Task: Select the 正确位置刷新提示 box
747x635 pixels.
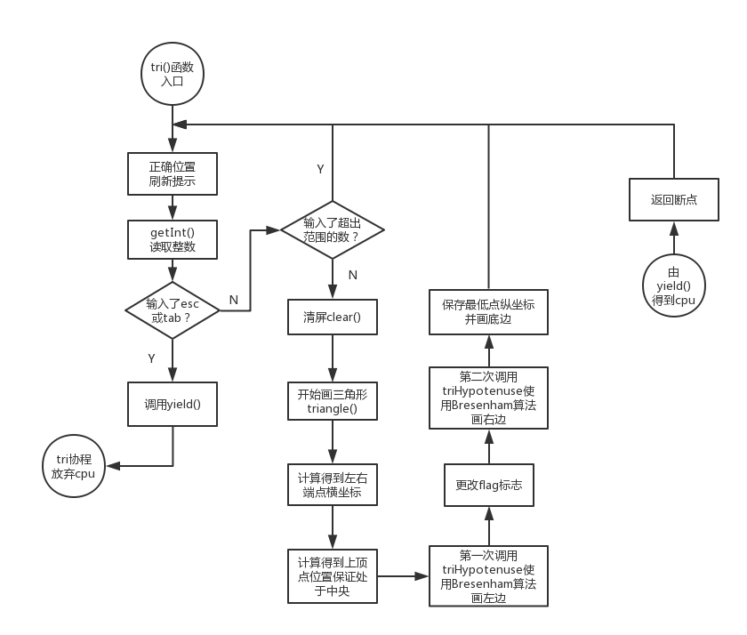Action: click(x=173, y=174)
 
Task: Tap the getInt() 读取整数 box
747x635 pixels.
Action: click(x=173, y=239)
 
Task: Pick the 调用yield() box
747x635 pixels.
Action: click(x=173, y=403)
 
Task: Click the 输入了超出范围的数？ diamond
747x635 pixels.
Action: click(x=333, y=229)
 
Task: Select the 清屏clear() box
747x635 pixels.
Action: click(x=333, y=317)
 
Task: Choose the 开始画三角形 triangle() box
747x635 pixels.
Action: click(x=333, y=401)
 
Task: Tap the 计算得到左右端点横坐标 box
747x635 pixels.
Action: click(x=333, y=486)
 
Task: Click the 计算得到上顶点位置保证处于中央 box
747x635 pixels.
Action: click(x=333, y=575)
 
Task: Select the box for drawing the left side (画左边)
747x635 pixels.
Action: click(x=488, y=576)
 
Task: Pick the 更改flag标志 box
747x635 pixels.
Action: click(x=488, y=486)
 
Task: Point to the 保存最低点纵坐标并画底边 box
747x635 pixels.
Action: click(x=488, y=310)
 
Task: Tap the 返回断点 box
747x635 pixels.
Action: click(x=673, y=199)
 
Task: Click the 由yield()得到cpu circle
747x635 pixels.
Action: click(x=673, y=286)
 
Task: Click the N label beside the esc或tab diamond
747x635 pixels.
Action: click(x=234, y=300)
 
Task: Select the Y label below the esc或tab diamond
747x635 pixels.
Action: click(x=151, y=358)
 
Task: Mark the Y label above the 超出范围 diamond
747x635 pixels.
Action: click(x=320, y=168)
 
